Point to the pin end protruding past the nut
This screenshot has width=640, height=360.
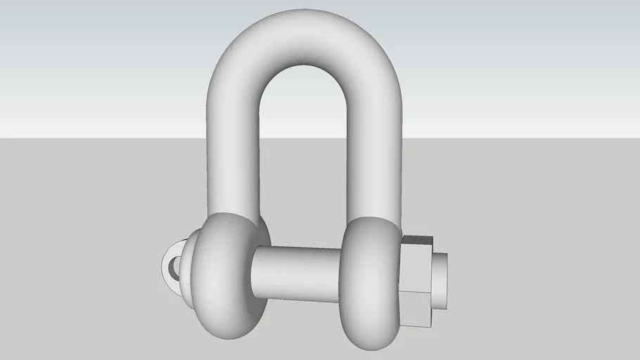[x=439, y=281]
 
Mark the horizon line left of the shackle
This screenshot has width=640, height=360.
[x=105, y=139]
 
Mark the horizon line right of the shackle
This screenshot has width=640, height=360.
[x=520, y=139]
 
